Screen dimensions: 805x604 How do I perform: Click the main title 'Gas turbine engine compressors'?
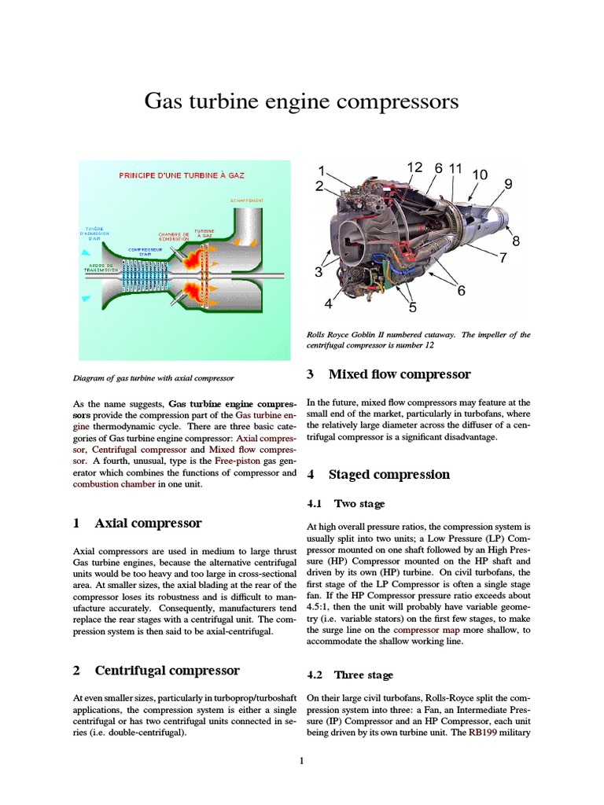301,101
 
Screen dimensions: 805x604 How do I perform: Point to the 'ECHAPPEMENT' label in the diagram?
247,200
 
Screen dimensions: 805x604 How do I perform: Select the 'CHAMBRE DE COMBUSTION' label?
173,237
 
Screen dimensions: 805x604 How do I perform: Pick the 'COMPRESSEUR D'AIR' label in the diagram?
144,252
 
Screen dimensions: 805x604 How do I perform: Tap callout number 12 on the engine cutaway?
415,167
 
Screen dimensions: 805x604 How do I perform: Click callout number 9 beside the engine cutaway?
508,184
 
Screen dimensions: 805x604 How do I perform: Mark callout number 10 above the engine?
480,174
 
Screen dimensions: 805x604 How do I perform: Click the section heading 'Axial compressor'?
148,523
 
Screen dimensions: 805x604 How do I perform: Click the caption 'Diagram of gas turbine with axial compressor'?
153,378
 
